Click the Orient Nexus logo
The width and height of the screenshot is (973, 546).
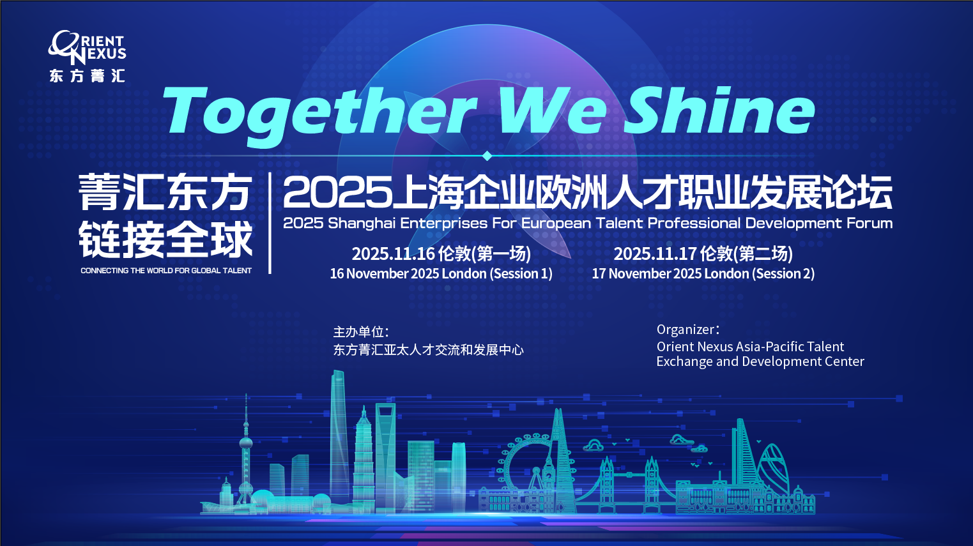click(87, 56)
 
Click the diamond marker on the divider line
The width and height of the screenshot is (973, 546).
click(487, 156)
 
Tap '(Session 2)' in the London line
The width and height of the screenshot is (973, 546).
click(783, 274)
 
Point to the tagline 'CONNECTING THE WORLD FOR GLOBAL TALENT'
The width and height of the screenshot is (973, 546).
click(166, 271)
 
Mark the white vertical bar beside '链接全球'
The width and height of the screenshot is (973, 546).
click(270, 223)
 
